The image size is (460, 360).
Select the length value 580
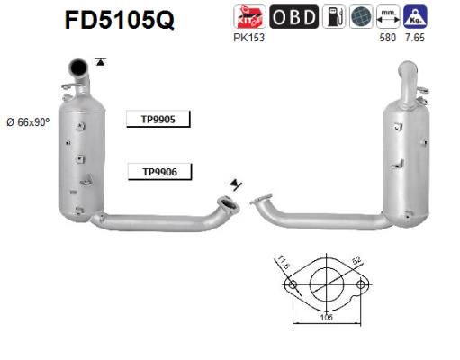click(x=389, y=38)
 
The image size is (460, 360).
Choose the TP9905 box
click(x=158, y=119)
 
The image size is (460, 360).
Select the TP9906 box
click(x=158, y=171)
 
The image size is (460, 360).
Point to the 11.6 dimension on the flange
click(x=287, y=265)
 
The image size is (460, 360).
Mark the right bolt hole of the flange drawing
click(x=361, y=285)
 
